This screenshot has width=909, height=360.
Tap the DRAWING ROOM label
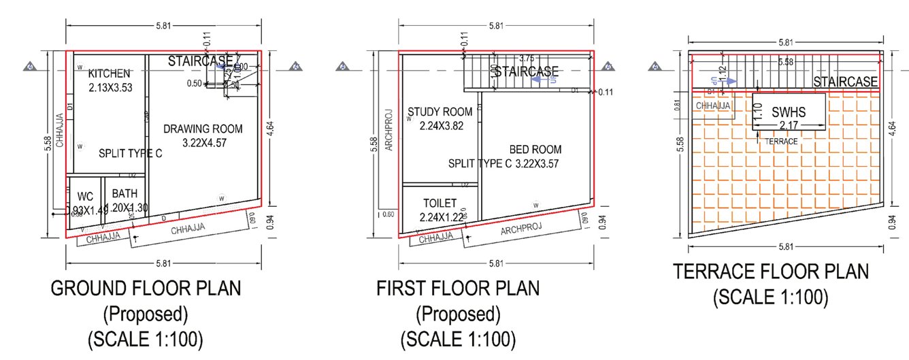coord(203,129)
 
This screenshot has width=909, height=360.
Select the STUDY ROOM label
coord(439,112)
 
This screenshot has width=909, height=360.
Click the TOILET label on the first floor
coord(440,203)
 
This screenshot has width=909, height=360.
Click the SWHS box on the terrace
coord(789,112)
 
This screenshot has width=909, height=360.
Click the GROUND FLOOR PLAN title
coord(146,289)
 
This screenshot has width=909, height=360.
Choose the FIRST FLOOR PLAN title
coord(458,289)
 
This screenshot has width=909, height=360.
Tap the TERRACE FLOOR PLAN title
coord(771,272)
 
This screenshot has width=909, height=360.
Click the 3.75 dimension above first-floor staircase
coord(526,59)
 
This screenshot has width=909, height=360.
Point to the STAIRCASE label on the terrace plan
coord(845,82)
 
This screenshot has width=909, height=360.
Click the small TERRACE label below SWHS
coord(780,142)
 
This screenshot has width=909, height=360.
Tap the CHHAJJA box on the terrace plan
coord(712,105)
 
